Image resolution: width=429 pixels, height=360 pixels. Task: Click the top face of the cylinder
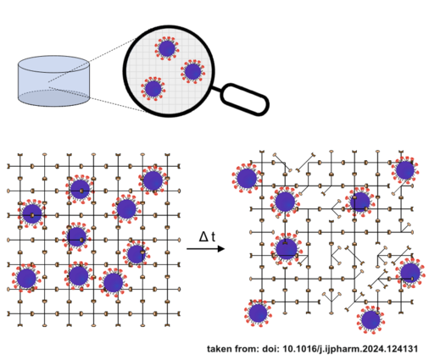(x=53, y=64)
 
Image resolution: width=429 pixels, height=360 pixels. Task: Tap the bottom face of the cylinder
(x=53, y=98)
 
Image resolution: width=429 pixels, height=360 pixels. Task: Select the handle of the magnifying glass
(x=244, y=99)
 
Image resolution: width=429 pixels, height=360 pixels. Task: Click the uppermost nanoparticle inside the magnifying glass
(x=167, y=48)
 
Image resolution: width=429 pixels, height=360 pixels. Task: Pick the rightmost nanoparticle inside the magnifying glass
(x=192, y=71)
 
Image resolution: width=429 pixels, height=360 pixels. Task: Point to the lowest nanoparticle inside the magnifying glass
(x=153, y=88)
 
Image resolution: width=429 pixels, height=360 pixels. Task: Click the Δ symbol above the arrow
(x=203, y=236)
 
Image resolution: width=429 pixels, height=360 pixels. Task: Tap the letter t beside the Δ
(x=213, y=236)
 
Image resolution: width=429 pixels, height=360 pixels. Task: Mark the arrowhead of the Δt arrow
(x=221, y=249)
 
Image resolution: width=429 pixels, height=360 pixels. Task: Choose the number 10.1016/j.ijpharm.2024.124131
(x=350, y=349)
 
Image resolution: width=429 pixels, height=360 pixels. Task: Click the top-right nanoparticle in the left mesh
(x=153, y=180)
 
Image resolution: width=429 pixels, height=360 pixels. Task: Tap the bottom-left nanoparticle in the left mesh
(x=26, y=278)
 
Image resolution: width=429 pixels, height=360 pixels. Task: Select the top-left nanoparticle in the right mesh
(x=247, y=179)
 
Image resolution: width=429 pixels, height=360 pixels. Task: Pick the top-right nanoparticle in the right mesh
(x=405, y=170)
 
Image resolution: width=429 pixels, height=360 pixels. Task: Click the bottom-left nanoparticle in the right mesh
(x=258, y=313)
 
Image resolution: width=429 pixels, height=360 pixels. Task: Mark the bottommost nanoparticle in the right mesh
(x=370, y=320)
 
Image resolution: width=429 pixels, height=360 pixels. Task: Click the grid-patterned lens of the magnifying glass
(x=169, y=71)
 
